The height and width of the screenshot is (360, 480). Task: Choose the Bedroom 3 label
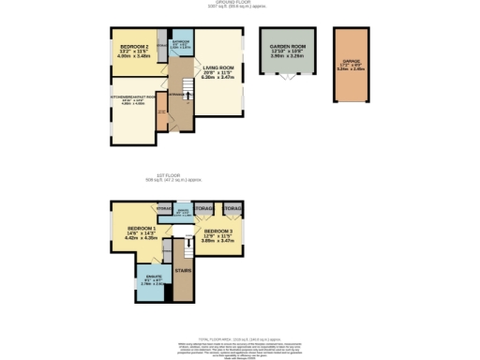pos(220,231)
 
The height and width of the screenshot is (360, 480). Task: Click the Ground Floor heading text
pos(240,4)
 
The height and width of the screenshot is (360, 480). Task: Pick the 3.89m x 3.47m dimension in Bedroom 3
pos(220,243)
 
